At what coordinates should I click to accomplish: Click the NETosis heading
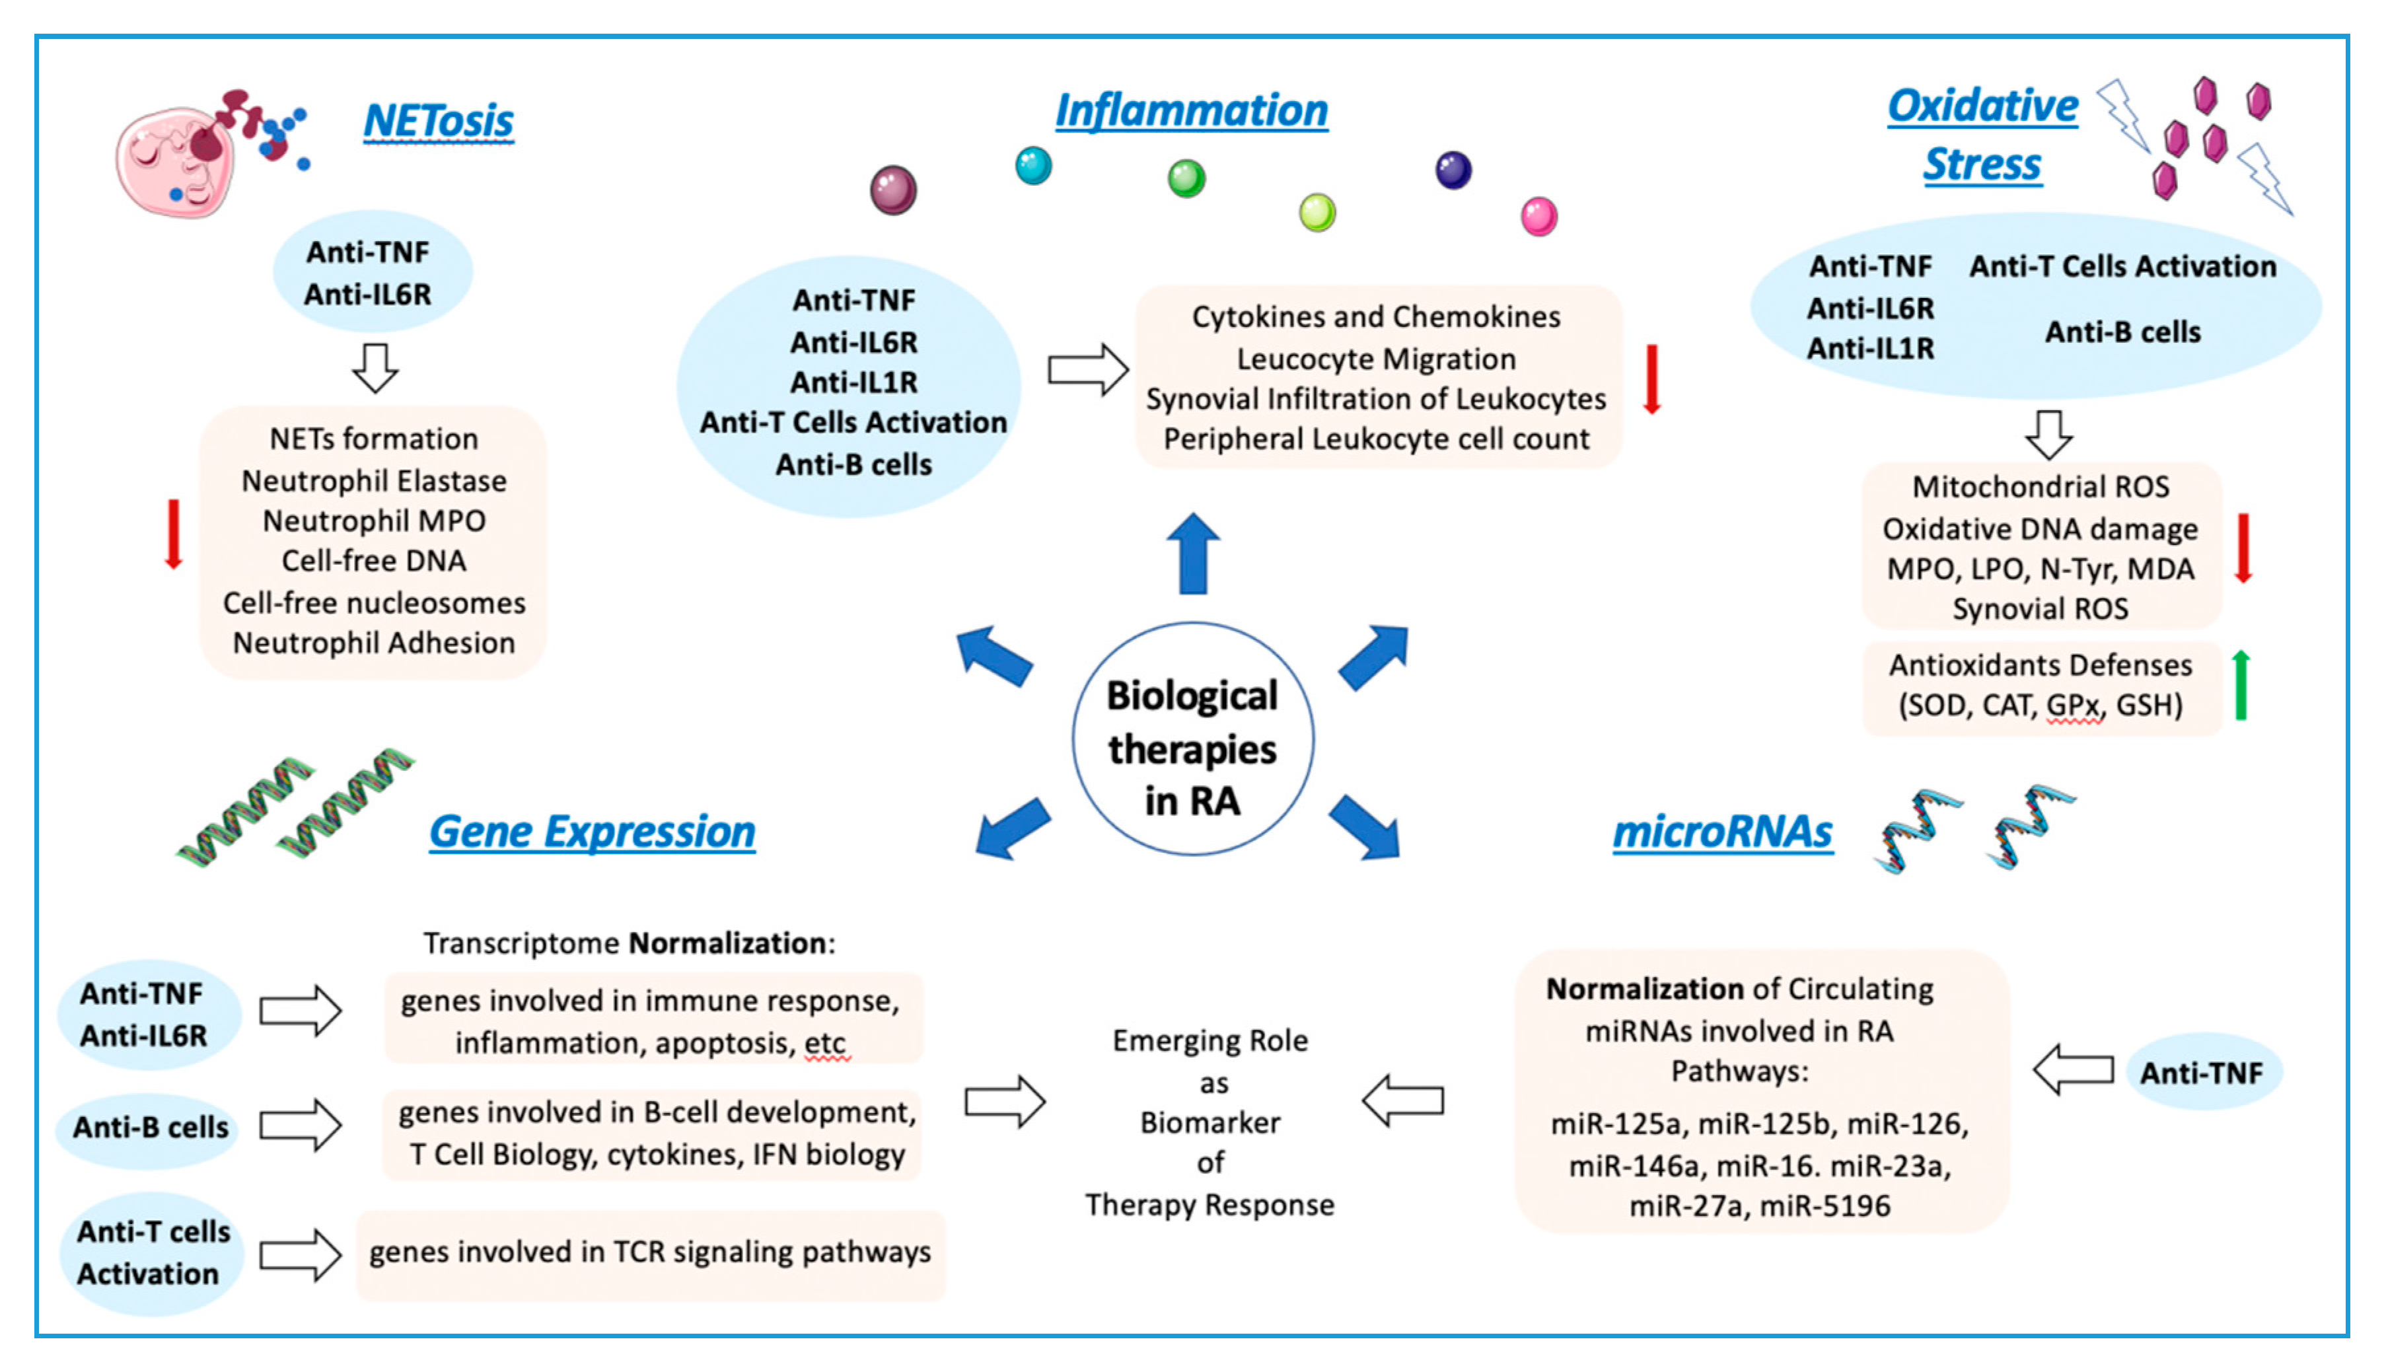439,122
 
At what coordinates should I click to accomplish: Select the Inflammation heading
1191,110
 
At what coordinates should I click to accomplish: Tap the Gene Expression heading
592,832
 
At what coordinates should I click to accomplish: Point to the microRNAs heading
1723,832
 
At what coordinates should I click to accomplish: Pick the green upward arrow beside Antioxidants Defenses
2241,685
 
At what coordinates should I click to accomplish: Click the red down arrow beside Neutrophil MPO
173,534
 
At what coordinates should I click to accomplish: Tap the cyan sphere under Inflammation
1033,166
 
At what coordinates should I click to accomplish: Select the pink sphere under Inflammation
1539,217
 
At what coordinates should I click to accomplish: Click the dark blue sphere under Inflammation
1453,170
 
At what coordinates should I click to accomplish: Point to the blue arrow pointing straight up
1193,554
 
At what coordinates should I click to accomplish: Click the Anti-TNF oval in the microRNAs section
2202,1073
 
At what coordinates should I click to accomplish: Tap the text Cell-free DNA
373,561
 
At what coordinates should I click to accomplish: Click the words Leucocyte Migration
1375,359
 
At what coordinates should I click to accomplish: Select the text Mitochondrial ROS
2041,486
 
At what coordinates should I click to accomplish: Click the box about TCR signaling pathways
650,1253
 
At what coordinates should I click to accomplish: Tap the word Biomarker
1210,1122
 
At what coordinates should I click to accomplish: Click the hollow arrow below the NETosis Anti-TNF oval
375,368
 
